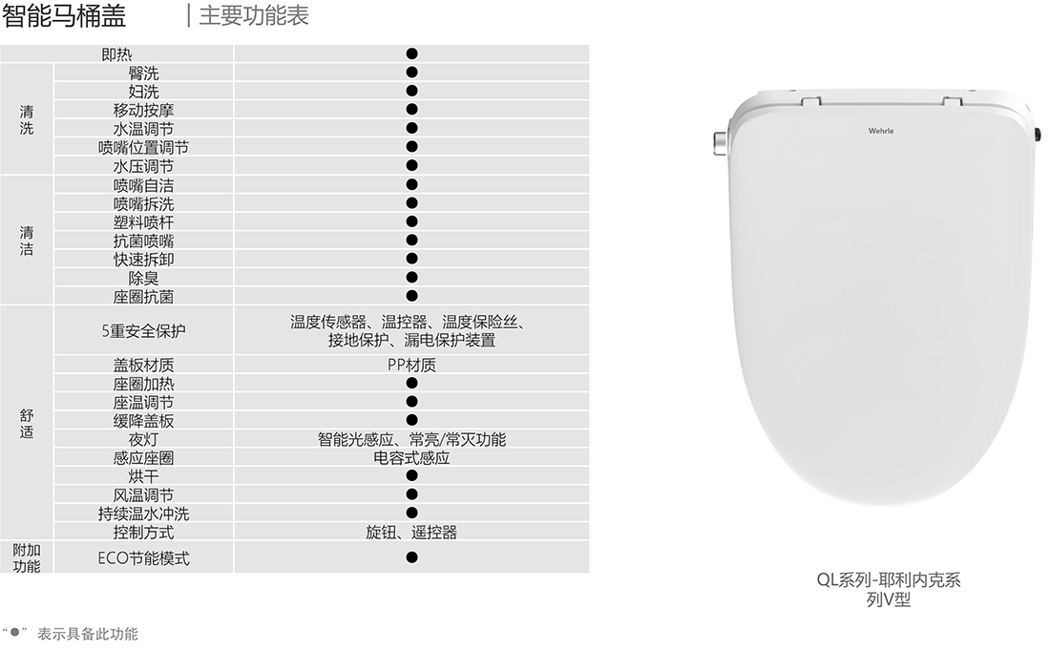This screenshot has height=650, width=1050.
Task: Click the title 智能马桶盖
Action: (64, 16)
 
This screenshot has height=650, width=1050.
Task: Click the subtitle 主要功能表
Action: (253, 16)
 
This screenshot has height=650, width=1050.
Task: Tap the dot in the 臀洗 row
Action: (411, 73)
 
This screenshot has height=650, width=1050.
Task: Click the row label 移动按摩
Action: (143, 110)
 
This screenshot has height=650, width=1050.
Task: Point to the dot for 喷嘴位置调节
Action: (411, 147)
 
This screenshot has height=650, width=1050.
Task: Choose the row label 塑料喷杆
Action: (143, 221)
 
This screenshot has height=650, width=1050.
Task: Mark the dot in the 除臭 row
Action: (411, 278)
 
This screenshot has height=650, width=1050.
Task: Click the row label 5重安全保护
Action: (143, 331)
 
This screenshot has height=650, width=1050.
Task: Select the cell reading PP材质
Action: (411, 365)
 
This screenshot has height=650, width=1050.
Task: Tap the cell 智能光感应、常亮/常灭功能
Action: (411, 439)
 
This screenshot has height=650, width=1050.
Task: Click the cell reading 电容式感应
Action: (411, 458)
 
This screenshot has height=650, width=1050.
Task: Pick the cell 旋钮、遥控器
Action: (411, 532)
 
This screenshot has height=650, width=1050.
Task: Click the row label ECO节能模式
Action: (143, 558)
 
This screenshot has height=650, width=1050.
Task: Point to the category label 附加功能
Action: (27, 557)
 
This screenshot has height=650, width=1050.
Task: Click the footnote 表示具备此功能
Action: (87, 634)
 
